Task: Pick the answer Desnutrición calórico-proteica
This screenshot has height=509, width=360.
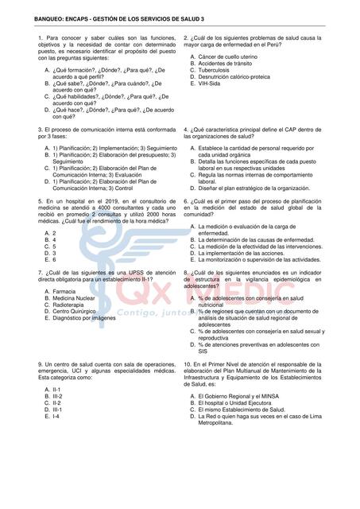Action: pyautogui.click(x=240, y=76)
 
